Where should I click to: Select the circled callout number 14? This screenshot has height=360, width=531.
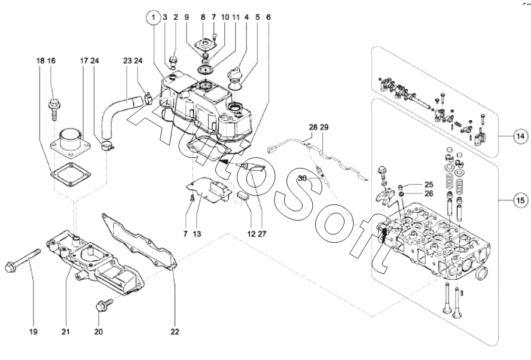[x=521, y=136]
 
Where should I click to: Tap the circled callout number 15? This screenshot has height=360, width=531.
[x=521, y=201]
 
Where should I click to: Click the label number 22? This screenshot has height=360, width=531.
[x=174, y=330]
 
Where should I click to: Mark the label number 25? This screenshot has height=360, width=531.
[x=429, y=184]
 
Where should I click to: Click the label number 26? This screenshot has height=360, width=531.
[x=429, y=193]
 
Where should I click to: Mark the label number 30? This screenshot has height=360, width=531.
[x=302, y=178]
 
